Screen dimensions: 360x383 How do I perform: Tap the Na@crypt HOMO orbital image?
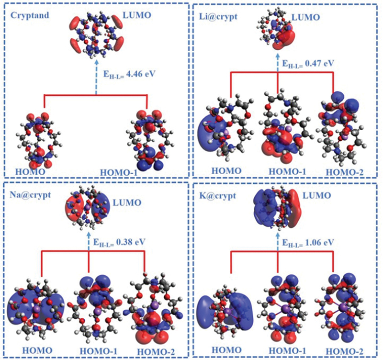pos(36,304)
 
